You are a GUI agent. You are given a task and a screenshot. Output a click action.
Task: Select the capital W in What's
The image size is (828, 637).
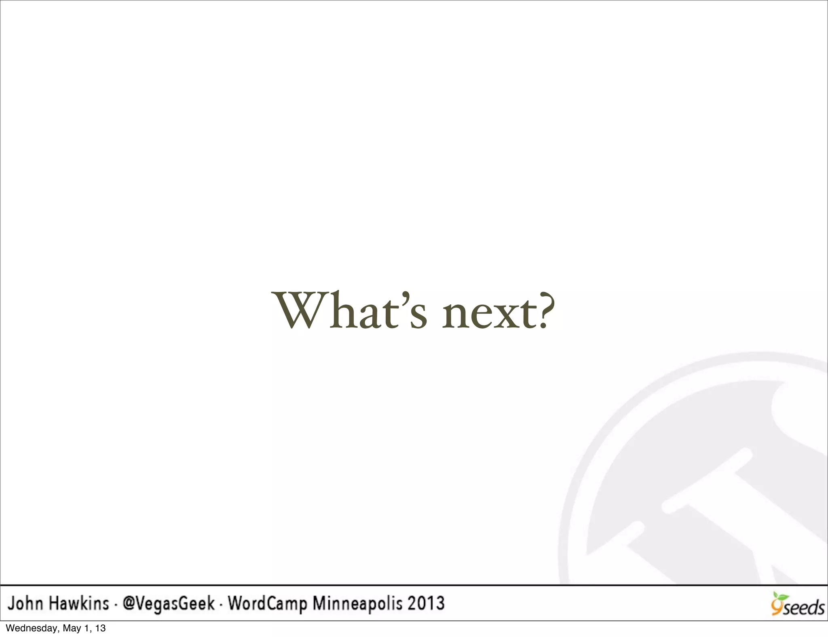click(302, 310)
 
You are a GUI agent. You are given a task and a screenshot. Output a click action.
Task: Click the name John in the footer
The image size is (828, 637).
click(25, 604)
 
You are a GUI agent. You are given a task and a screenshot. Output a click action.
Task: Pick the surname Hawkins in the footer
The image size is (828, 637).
click(80, 604)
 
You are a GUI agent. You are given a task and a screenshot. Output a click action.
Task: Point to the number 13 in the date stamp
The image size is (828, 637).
click(101, 628)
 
